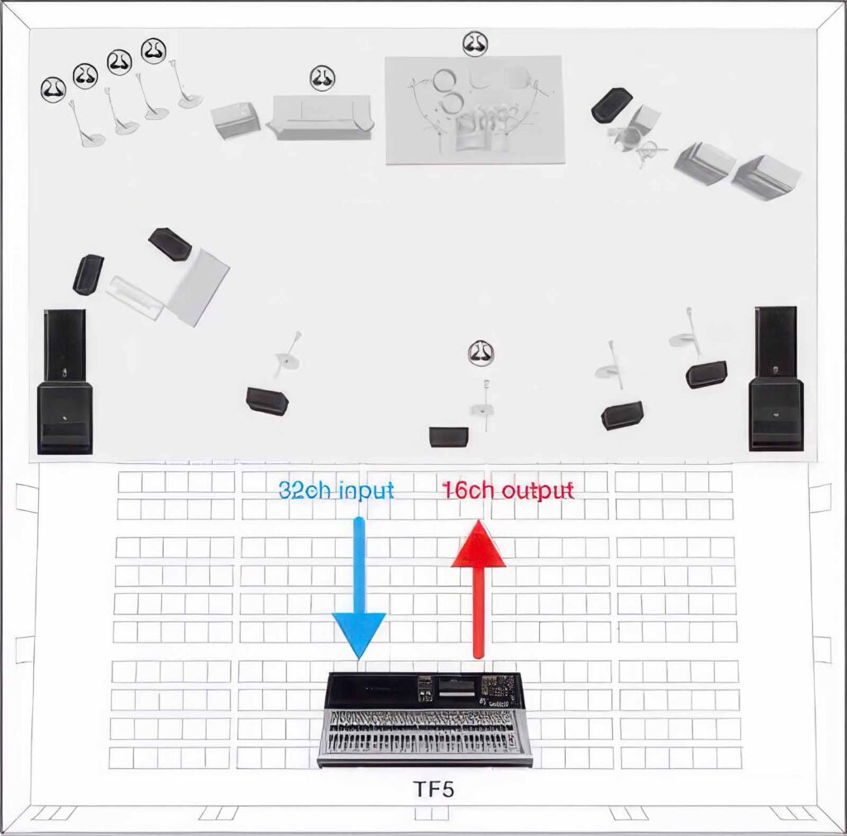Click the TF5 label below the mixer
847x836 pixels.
pos(433,790)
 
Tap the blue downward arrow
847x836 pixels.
pos(359,589)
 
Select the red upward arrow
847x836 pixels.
pos(478,589)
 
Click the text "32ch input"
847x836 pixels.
pos(336,490)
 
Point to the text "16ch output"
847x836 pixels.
pos(508,490)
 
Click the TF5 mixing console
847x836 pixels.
pos(424,719)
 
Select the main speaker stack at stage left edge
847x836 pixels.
pos(65,381)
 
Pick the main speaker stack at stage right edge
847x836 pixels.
pos(776,378)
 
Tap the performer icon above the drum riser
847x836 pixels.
pos(476,44)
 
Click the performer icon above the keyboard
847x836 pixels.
pos(323,78)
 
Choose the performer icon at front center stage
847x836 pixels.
pos(481,352)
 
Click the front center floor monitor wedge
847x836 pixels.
pos(449,437)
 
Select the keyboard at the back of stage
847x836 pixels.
pos(322,117)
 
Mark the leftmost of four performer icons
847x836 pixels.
pos(54,89)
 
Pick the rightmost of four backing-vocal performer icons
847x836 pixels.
pos(153,50)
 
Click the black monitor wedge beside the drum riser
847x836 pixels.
pos(611,104)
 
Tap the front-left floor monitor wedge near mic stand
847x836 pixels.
pos(267,401)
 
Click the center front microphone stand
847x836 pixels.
pos(484,406)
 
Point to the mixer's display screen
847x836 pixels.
pos(457,687)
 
